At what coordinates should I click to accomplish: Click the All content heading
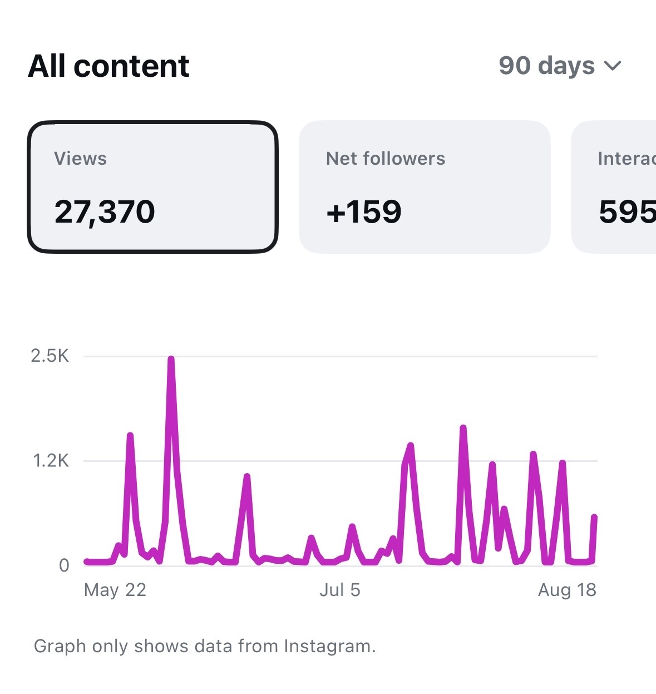tap(108, 66)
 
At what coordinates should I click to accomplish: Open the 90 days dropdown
tap(560, 66)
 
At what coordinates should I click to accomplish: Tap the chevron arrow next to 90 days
tap(613, 66)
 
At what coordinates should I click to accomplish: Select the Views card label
tap(80, 159)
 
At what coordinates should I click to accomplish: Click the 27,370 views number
tap(105, 212)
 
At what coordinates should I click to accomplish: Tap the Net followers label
tap(386, 159)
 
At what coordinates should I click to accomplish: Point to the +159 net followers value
tap(364, 212)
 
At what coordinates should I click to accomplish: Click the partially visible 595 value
tap(628, 212)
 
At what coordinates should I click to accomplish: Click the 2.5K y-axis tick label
tap(50, 356)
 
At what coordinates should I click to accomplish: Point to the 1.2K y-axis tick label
tap(51, 461)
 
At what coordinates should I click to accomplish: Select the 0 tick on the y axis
tap(64, 565)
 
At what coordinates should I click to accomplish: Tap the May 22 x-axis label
tap(115, 590)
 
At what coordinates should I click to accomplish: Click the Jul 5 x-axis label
tap(340, 590)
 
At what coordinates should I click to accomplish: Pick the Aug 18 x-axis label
tap(567, 590)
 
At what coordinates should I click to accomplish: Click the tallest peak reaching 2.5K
tap(171, 359)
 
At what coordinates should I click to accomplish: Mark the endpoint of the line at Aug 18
tap(594, 517)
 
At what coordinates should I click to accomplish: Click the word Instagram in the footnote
tap(330, 646)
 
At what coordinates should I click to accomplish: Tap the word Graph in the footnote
tap(60, 646)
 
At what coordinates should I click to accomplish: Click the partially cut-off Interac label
tap(627, 159)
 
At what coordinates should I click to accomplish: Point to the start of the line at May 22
tap(86, 562)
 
